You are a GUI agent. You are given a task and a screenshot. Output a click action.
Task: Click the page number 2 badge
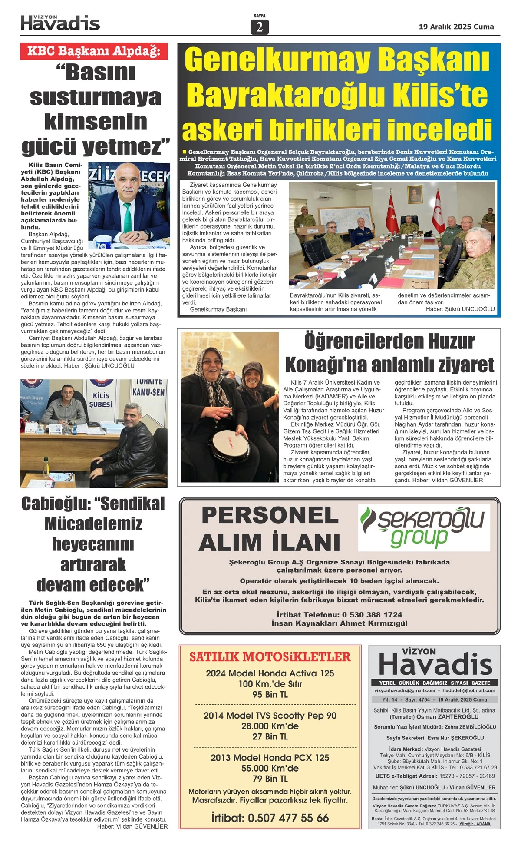(x=260, y=27)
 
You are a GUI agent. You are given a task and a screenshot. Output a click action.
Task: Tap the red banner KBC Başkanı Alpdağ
(x=94, y=51)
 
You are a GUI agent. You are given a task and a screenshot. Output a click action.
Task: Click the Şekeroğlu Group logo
(x=424, y=527)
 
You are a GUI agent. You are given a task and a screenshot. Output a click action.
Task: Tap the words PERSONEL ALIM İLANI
(x=269, y=529)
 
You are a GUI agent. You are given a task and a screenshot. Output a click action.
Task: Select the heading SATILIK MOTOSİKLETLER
(x=270, y=656)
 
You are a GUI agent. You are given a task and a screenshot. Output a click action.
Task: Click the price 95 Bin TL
(x=270, y=694)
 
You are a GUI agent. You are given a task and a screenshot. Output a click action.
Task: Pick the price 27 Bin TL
(x=270, y=736)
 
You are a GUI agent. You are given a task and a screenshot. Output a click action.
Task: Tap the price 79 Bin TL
(x=270, y=778)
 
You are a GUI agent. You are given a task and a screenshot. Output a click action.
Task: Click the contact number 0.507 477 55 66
(x=288, y=818)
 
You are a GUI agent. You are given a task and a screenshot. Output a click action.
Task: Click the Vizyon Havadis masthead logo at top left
(x=60, y=23)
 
